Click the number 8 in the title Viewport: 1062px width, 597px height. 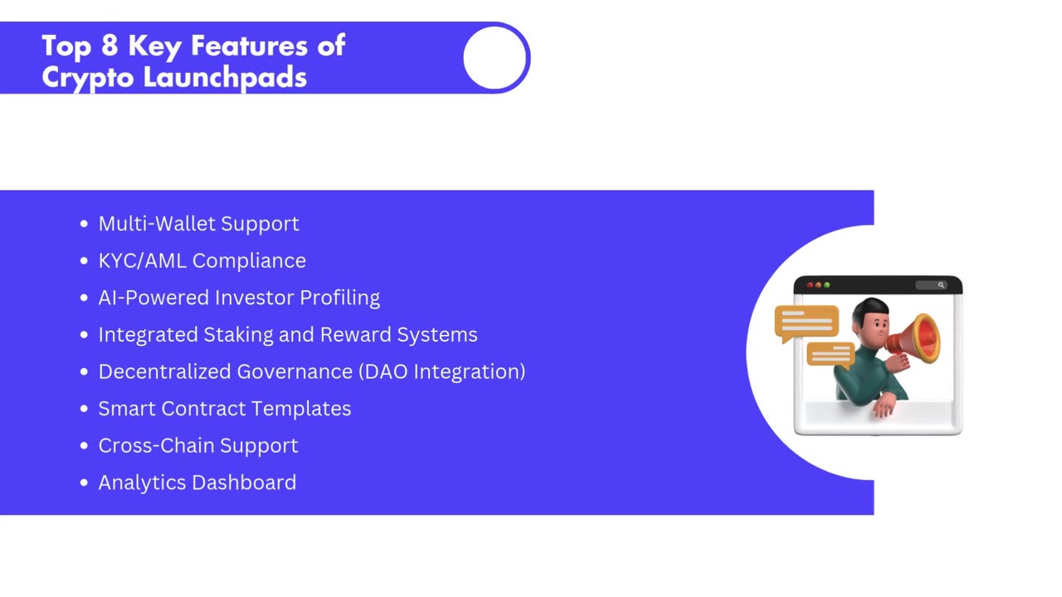pos(110,46)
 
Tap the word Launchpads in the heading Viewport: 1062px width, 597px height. pos(225,77)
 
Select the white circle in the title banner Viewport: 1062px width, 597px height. pos(494,58)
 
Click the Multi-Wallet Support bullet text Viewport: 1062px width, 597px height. pos(198,224)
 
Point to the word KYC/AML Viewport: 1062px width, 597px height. pos(142,260)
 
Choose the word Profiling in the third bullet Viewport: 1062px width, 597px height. pos(340,298)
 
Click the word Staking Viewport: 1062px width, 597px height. pos(238,335)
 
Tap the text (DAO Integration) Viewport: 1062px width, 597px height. pos(442,372)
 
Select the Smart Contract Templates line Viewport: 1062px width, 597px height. pos(225,409)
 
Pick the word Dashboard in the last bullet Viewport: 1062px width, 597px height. pos(244,483)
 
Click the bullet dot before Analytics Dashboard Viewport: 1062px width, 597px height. pos(84,483)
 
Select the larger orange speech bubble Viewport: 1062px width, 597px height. pos(806,323)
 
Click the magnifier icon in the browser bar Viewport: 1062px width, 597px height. pos(941,285)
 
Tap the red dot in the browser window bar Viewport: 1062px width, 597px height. pos(811,285)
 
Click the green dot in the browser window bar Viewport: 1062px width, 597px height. pos(827,285)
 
